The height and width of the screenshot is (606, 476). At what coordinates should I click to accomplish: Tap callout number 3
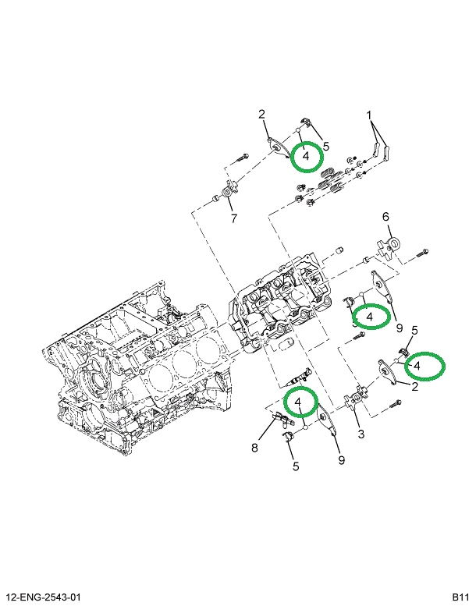(361, 434)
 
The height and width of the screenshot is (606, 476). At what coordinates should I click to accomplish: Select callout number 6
(385, 217)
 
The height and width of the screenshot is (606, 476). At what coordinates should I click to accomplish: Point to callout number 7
(233, 218)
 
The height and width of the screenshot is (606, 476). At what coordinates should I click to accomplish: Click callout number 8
(254, 448)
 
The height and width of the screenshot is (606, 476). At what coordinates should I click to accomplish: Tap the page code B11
(460, 597)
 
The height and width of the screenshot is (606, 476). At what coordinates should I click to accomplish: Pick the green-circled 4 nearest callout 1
(307, 156)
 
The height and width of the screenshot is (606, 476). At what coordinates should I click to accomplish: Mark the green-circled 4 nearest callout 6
(369, 316)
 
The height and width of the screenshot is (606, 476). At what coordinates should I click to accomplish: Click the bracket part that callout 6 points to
(391, 246)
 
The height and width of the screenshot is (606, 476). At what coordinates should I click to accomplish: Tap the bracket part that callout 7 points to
(227, 190)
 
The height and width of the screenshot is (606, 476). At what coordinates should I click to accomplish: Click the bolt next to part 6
(421, 252)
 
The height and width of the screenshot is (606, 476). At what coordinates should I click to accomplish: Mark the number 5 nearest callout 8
(296, 467)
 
